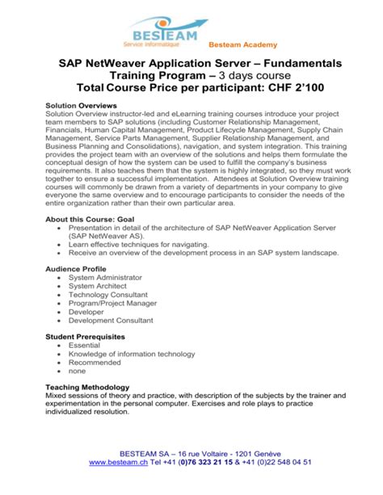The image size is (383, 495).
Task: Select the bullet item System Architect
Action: (98, 287)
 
